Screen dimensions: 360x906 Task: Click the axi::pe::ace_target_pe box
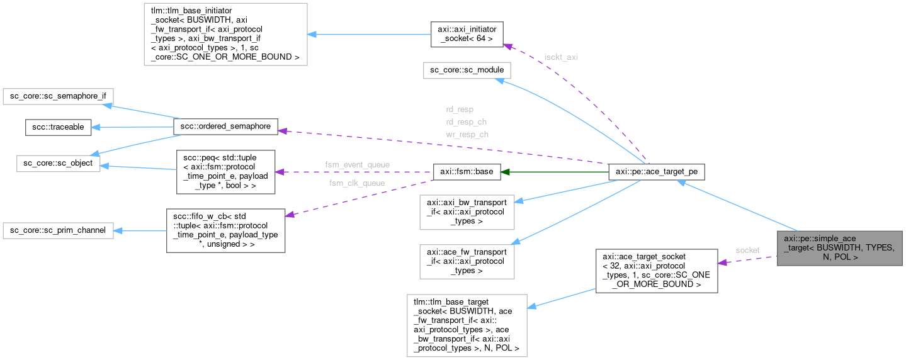click(657, 171)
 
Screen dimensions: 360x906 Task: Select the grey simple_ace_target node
click(839, 247)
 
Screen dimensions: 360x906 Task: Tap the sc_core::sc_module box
click(467, 70)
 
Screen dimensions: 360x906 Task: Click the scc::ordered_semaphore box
click(225, 127)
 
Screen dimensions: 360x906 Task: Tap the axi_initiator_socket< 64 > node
click(466, 34)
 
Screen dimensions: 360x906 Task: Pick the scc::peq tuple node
click(225, 171)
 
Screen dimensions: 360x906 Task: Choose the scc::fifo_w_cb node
click(225, 230)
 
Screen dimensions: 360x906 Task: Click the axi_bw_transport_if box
click(467, 211)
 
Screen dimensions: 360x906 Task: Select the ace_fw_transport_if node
click(467, 261)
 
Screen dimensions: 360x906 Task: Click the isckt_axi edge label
click(561, 57)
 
